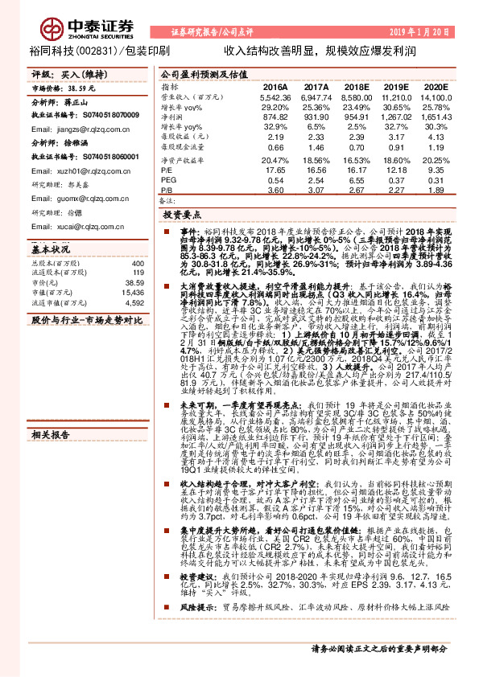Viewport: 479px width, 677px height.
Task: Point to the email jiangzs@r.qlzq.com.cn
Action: (70, 129)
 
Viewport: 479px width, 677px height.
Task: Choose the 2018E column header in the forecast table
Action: (357, 86)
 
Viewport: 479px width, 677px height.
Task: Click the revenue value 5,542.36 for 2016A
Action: (275, 96)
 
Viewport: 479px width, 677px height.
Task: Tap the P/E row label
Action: (167, 170)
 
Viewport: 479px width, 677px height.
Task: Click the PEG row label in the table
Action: (168, 182)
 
